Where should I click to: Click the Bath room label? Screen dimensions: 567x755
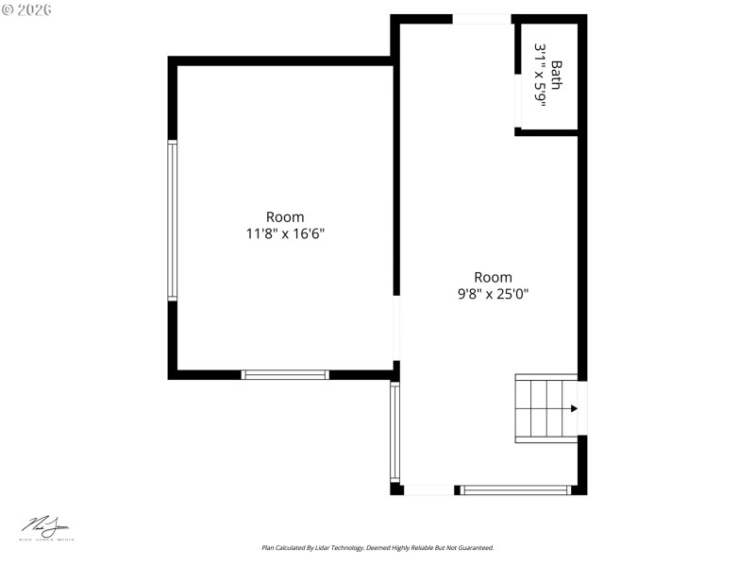557,75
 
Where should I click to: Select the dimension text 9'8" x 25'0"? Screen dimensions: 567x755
493,294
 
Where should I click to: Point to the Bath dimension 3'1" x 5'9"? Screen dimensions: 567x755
541,75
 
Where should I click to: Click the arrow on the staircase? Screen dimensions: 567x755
573,408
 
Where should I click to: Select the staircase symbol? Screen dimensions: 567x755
545,408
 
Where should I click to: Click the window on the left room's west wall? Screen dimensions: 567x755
173,220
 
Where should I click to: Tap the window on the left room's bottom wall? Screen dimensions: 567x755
286,375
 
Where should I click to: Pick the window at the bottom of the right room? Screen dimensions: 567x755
516,490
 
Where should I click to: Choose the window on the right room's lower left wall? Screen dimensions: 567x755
395,432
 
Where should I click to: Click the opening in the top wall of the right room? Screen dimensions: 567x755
481,19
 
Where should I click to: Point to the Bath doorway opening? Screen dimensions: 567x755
517,100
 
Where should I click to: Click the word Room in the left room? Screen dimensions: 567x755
285,217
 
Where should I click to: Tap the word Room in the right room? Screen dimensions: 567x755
493,278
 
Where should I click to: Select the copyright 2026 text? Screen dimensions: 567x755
27,9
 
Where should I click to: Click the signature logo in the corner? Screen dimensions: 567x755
47,527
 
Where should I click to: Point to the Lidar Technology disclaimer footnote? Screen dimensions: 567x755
377,548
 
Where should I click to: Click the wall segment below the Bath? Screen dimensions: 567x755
546,131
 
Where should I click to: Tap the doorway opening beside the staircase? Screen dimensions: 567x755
582,407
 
